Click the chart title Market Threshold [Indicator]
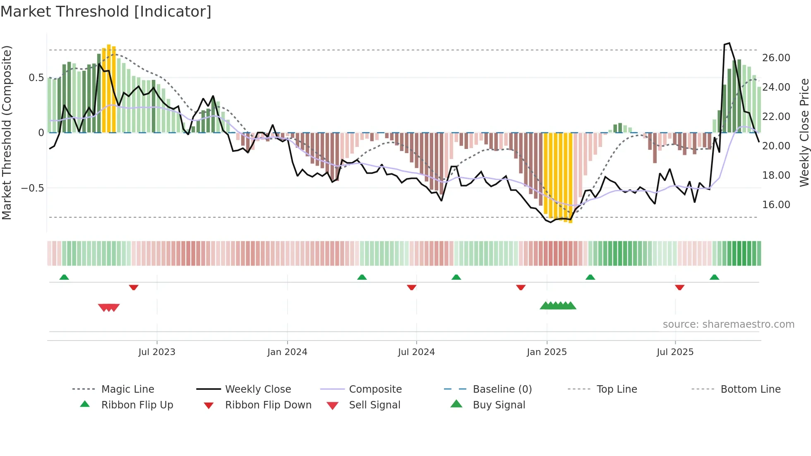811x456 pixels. coord(106,12)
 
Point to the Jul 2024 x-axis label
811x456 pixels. coord(416,352)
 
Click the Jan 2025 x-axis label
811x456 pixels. coord(547,352)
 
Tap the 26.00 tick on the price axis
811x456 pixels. coord(776,58)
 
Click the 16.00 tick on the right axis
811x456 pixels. coord(776,205)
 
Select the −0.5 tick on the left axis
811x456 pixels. coord(33,188)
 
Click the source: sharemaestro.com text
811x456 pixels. coord(728,324)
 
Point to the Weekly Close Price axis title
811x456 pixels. coord(804,132)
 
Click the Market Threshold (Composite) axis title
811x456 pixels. coord(7,132)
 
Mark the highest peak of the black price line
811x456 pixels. coord(729,43)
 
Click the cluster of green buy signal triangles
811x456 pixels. coord(558,306)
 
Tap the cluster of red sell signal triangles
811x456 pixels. coord(109,307)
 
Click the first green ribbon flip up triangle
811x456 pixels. coord(64,277)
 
